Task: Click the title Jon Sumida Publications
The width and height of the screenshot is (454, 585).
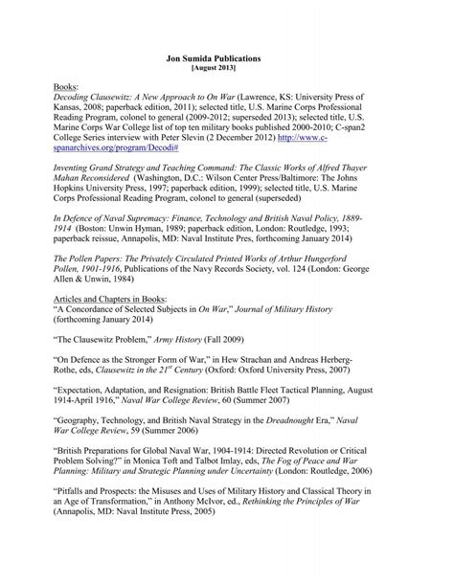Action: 226,58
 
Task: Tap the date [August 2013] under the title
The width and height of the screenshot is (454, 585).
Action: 226,69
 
